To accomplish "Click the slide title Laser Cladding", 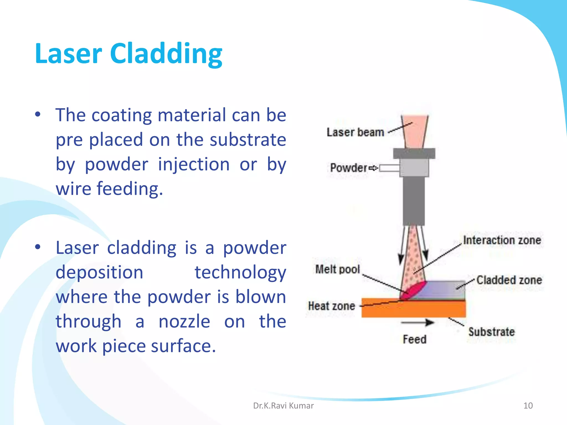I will [x=128, y=54].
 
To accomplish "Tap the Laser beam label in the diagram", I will [x=355, y=132].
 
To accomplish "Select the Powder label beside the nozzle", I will [x=349, y=168].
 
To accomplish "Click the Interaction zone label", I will [x=502, y=240].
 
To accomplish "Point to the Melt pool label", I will [x=337, y=269].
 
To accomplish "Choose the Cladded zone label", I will [x=509, y=280].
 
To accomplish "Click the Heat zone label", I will [x=331, y=306].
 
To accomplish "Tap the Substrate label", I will [x=491, y=332].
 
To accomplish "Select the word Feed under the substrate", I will [x=414, y=339].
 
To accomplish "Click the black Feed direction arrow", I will [x=417, y=323].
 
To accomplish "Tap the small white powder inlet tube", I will [x=389, y=168].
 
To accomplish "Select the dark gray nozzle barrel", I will [x=414, y=201].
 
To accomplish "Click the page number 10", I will [x=528, y=406].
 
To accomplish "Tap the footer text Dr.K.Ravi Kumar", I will [x=283, y=406].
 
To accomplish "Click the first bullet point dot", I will [x=38, y=114].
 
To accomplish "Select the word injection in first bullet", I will [x=194, y=164].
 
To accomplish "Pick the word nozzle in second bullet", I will [x=184, y=322].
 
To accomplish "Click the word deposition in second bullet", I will [x=99, y=272].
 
